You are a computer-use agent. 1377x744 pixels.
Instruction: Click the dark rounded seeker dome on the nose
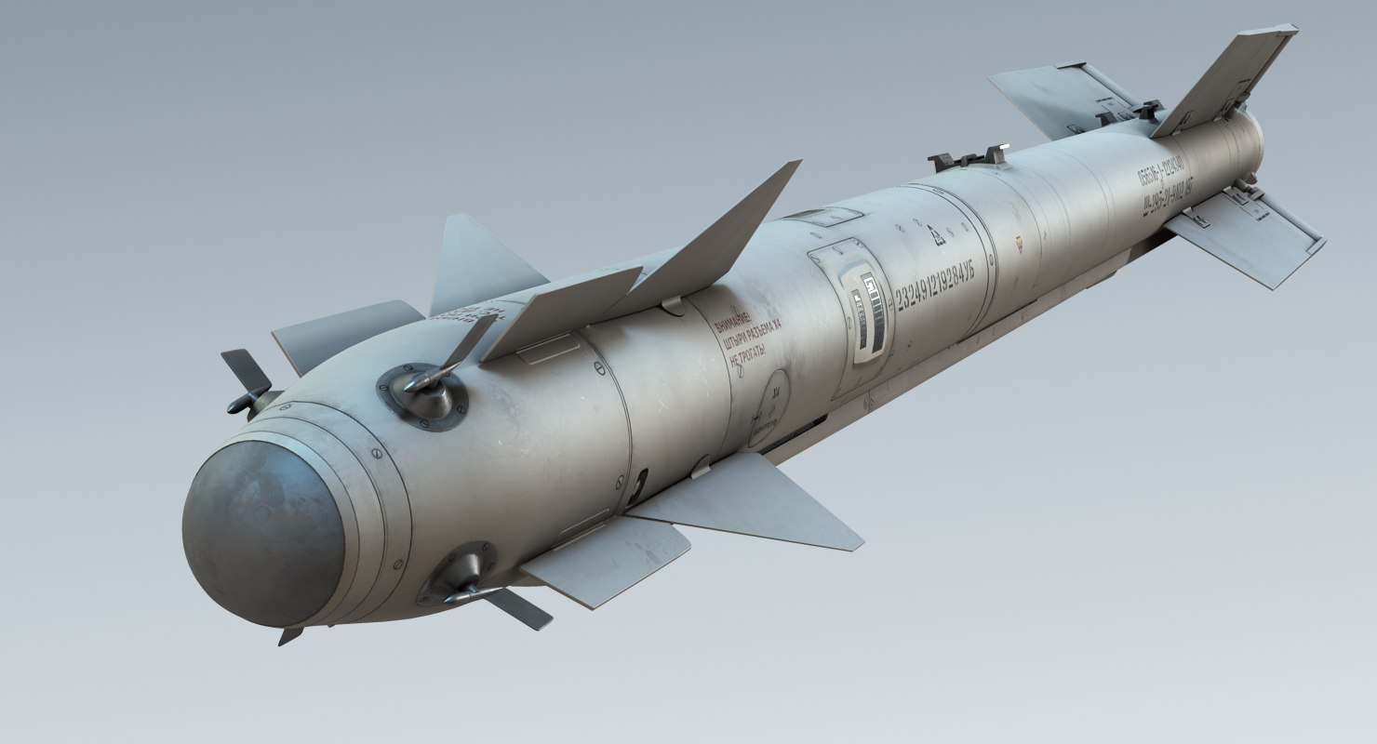point(262,535)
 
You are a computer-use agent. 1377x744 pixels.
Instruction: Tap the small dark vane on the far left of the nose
point(246,381)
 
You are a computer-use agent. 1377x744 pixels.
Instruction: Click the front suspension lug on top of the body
point(968,158)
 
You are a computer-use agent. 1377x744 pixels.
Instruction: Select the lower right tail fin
point(1247,237)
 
